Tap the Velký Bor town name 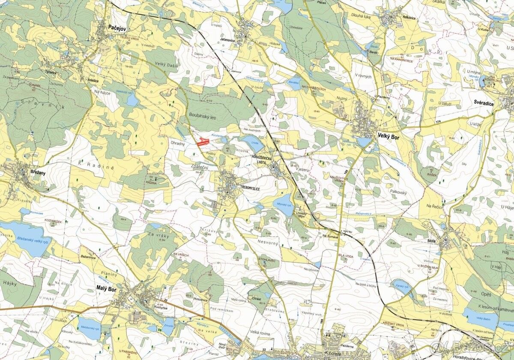click(x=388, y=135)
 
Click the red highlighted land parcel click(x=203, y=141)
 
